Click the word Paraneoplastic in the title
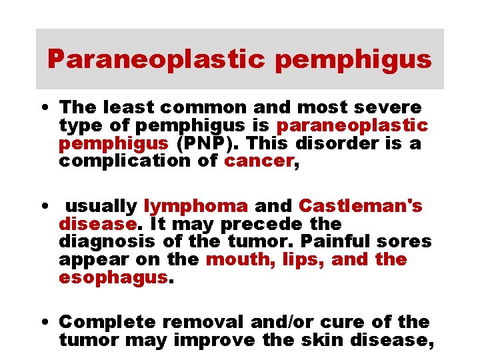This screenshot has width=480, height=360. pyautogui.click(x=156, y=60)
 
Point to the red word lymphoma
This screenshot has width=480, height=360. pyautogui.click(x=195, y=207)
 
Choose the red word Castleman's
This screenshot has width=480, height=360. pyautogui.click(x=361, y=206)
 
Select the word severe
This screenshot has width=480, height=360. pyautogui.click(x=389, y=107)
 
